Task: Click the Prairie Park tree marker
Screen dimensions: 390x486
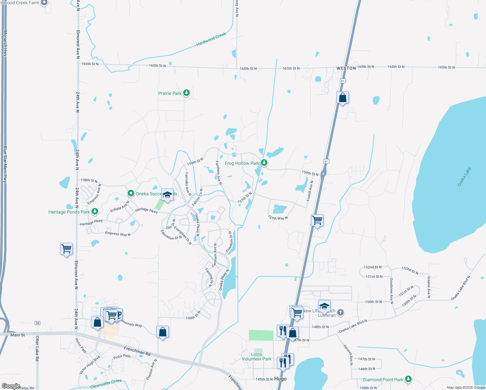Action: click(x=186, y=93)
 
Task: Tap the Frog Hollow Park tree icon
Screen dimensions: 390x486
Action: click(x=264, y=163)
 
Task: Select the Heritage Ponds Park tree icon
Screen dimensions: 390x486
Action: click(x=95, y=212)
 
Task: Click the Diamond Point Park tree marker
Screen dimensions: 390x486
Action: click(x=408, y=379)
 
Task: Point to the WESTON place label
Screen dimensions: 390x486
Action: click(x=346, y=68)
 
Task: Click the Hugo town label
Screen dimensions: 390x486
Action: click(x=280, y=379)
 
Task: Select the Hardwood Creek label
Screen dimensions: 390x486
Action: click(x=211, y=39)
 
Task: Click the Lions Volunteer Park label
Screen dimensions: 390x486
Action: click(x=256, y=357)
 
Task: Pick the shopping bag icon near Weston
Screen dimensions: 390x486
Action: click(x=342, y=97)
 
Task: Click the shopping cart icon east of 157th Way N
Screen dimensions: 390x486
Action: click(x=317, y=220)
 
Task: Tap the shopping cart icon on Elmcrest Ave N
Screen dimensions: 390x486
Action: click(x=66, y=249)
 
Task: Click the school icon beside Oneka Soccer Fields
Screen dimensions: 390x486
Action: click(x=167, y=195)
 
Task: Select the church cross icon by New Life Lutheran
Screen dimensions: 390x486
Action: click(x=340, y=312)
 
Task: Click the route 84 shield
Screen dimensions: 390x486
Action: click(x=38, y=323)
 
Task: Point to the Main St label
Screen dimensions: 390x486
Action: click(x=18, y=335)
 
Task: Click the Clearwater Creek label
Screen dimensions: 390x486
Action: click(x=106, y=383)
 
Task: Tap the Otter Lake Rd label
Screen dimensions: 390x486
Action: click(x=37, y=349)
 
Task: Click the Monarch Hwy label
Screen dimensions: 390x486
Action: click(x=5, y=43)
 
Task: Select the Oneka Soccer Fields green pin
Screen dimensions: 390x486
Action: click(x=131, y=193)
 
